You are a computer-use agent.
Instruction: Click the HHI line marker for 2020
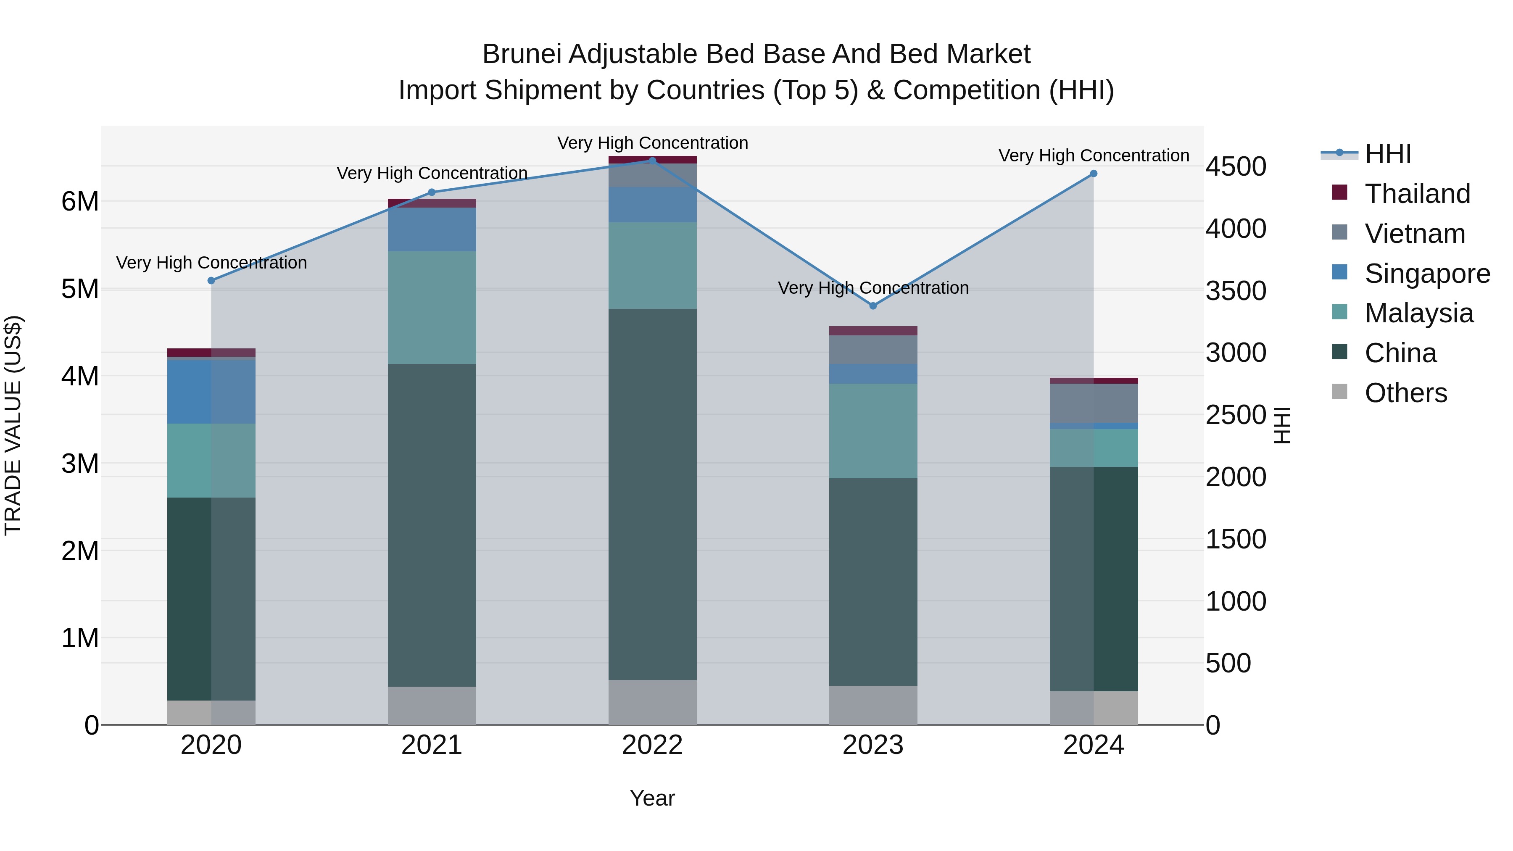(x=211, y=281)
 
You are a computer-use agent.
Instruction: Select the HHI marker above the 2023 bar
(x=873, y=306)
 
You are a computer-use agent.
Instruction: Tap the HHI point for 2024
(x=1094, y=174)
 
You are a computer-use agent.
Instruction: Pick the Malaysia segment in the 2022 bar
(x=653, y=266)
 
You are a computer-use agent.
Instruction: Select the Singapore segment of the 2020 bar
(x=211, y=391)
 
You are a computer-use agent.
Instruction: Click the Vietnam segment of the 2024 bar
(x=1094, y=403)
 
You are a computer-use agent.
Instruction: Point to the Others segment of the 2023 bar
(x=873, y=705)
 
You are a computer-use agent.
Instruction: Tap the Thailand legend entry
(x=1417, y=194)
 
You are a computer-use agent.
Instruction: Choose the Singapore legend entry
(x=1427, y=274)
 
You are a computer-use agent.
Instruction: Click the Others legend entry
(x=1405, y=393)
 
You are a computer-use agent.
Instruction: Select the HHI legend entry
(x=1387, y=154)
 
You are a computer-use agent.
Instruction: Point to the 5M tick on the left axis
(x=80, y=289)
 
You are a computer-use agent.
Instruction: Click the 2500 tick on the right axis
(x=1236, y=415)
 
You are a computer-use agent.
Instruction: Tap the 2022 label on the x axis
(x=653, y=745)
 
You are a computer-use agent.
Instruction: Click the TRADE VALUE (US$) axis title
(x=13, y=425)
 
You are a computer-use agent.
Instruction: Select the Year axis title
(x=653, y=798)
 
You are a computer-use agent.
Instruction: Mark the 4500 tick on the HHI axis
(x=1236, y=167)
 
